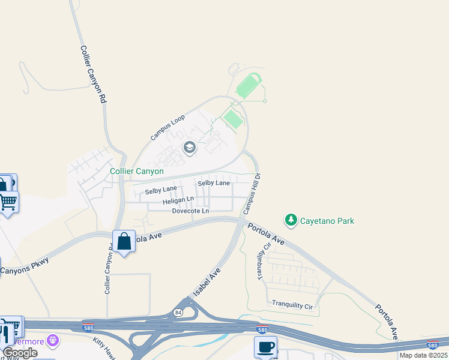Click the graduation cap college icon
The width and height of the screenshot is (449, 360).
click(x=190, y=148)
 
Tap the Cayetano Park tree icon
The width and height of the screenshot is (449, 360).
click(x=291, y=221)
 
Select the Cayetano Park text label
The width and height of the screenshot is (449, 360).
click(x=327, y=221)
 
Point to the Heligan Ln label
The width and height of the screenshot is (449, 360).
click(x=178, y=200)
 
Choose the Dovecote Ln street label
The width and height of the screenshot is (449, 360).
click(x=190, y=211)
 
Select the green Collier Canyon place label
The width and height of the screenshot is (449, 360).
click(x=137, y=172)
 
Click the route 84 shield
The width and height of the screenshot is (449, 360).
click(x=178, y=312)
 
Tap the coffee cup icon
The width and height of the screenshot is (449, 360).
click(x=265, y=347)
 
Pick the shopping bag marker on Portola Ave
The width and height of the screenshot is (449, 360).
click(x=124, y=242)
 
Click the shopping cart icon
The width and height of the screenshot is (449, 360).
click(x=8, y=202)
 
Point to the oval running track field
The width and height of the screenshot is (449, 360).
click(x=249, y=86)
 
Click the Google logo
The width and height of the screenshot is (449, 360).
click(x=20, y=353)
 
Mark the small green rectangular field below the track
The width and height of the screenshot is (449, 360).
click(x=233, y=119)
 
